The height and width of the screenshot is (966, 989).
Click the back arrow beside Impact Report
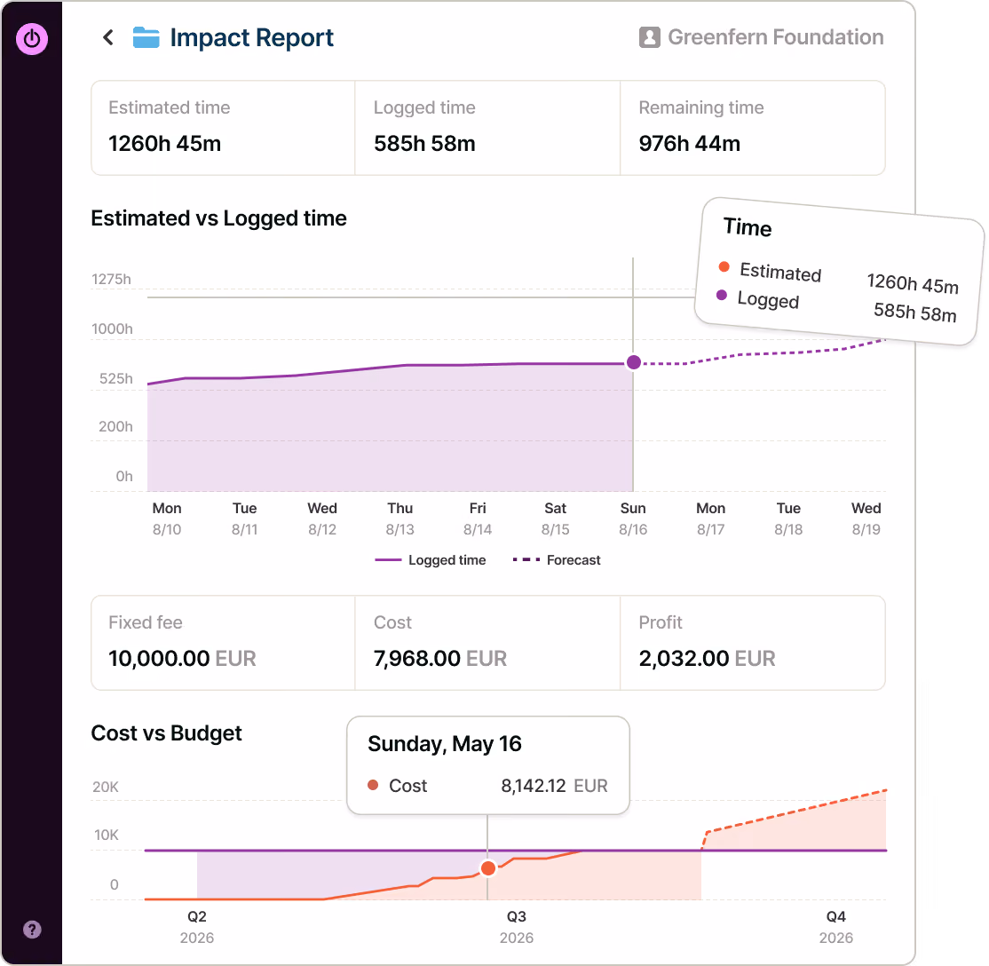point(108,38)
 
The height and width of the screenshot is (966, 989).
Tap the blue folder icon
point(146,37)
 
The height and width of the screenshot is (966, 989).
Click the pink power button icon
point(32,39)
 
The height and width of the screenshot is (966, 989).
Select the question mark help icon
point(32,930)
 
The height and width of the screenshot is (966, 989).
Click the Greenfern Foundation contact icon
point(649,37)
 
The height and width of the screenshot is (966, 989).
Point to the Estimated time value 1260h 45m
point(164,144)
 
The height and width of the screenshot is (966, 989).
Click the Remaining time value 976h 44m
point(690,144)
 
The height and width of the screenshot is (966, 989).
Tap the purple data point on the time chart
point(634,363)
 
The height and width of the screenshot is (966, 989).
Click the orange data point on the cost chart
point(488,869)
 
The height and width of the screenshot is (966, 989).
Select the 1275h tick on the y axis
point(112,280)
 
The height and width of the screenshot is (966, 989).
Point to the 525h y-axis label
point(116,378)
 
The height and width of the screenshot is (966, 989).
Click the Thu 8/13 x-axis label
point(400,519)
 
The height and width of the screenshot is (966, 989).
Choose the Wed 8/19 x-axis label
point(866,519)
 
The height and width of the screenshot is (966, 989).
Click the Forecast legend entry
point(557,560)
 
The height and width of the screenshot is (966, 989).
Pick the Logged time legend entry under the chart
point(431,560)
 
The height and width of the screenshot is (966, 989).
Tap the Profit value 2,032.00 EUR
point(707,659)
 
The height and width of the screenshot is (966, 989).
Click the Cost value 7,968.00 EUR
point(440,659)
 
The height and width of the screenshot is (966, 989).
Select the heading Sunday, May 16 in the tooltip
point(445,744)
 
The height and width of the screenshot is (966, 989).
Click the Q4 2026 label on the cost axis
point(835,927)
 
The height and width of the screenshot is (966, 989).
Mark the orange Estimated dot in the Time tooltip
point(724,267)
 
